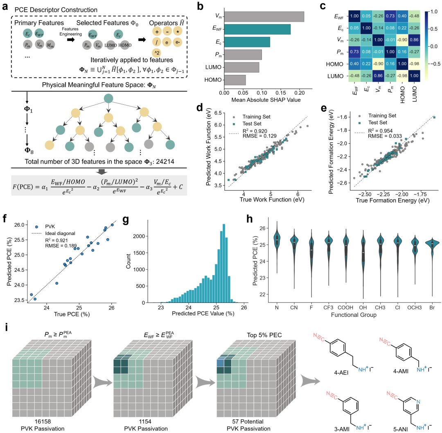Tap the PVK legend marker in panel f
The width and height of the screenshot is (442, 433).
click(37, 225)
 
